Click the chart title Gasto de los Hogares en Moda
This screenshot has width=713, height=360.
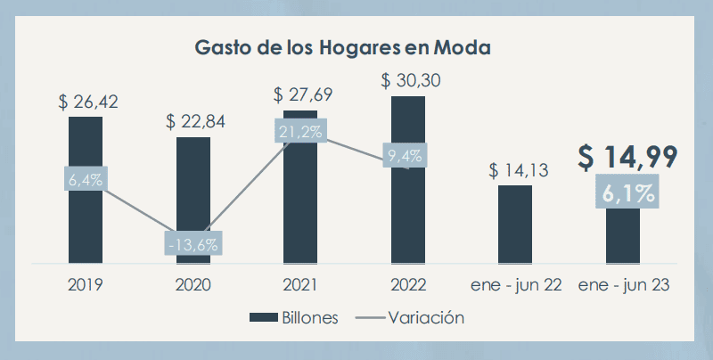pyautogui.click(x=343, y=46)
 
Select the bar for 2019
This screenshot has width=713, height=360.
pyautogui.click(x=86, y=223)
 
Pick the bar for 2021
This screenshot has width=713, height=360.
pyautogui.click(x=300, y=205)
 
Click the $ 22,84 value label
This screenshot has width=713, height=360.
pyautogui.click(x=196, y=121)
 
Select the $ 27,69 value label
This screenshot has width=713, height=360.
pyautogui.click(x=303, y=94)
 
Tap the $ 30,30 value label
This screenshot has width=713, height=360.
pyautogui.click(x=411, y=79)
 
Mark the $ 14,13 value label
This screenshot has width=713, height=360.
pyautogui.click(x=518, y=169)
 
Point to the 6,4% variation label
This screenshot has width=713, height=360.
pyautogui.click(x=86, y=179)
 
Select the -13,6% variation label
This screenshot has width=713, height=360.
pyautogui.click(x=193, y=242)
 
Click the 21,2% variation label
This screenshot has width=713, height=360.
pyautogui.click(x=300, y=130)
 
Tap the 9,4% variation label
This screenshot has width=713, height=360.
pyautogui.click(x=406, y=156)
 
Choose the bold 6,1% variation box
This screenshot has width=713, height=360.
pyautogui.click(x=623, y=192)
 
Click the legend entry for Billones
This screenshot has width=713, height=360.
pyautogui.click(x=294, y=317)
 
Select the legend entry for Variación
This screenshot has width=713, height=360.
pyautogui.click(x=411, y=317)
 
